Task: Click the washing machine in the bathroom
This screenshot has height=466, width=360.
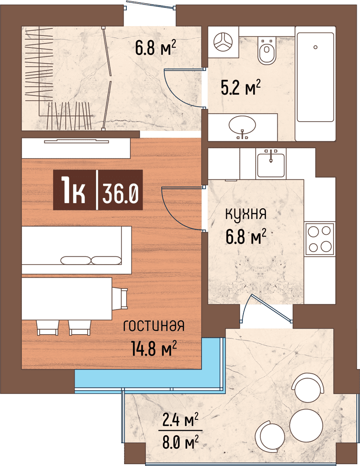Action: pyautogui.click(x=223, y=41)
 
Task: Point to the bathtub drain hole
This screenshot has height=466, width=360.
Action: pyautogui.click(x=316, y=47)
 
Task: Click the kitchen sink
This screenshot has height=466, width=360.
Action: pyautogui.click(x=271, y=164)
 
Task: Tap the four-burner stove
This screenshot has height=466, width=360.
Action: pyautogui.click(x=320, y=239)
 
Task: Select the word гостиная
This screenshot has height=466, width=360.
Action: pyautogui.click(x=154, y=326)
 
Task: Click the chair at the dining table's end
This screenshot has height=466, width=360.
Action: pyautogui.click(x=122, y=298)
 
